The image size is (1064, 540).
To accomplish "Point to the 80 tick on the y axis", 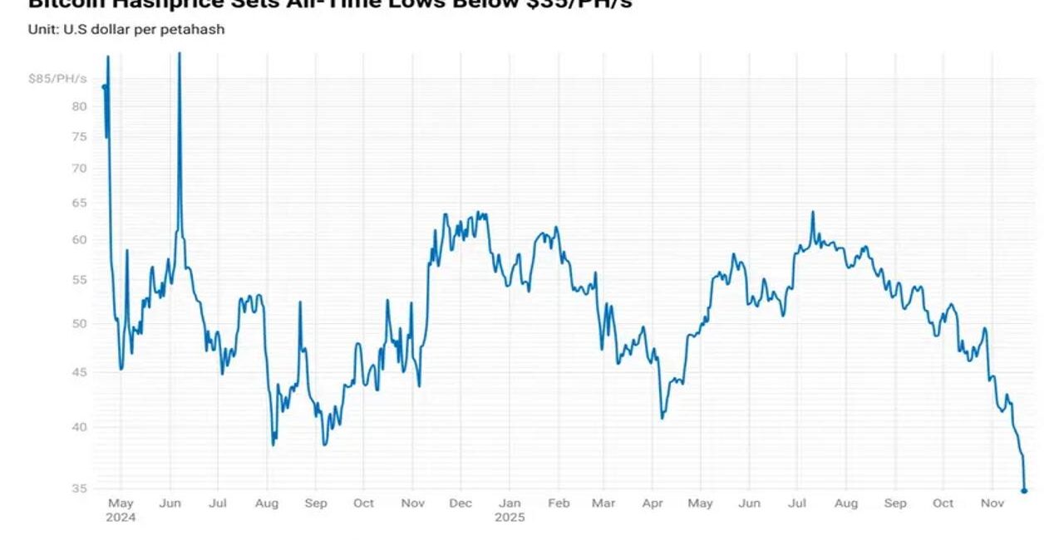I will pyautogui.click(x=80, y=106).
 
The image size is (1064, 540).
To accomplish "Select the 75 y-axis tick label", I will pyautogui.click(x=80, y=137).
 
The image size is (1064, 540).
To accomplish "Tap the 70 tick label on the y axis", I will pyautogui.click(x=80, y=169).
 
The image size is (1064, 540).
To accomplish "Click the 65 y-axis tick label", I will pyautogui.click(x=80, y=204).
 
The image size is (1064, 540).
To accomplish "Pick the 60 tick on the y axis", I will pyautogui.click(x=80, y=240).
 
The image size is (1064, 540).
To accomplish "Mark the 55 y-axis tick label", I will pyautogui.click(x=80, y=280).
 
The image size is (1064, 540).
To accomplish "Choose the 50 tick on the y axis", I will pyautogui.click(x=80, y=323).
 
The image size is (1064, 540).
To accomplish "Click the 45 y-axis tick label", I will pyautogui.click(x=80, y=372).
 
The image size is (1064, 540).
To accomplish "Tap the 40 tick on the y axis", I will pyautogui.click(x=80, y=427).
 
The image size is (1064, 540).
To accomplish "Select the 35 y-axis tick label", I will pyautogui.click(x=80, y=488).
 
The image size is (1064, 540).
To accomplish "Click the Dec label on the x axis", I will pyautogui.click(x=461, y=503).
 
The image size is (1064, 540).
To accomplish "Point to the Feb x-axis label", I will pyautogui.click(x=559, y=503).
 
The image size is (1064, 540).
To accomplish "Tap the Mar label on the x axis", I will pyautogui.click(x=603, y=503).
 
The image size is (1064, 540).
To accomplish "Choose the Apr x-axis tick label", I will pyautogui.click(x=652, y=503).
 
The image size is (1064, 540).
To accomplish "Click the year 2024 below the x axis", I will pyautogui.click(x=121, y=518).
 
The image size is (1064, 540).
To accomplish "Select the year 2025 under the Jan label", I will pyautogui.click(x=510, y=518).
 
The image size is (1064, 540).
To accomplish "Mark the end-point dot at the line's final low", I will pyautogui.click(x=1024, y=491).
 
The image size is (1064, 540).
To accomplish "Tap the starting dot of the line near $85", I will pyautogui.click(x=104, y=86).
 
